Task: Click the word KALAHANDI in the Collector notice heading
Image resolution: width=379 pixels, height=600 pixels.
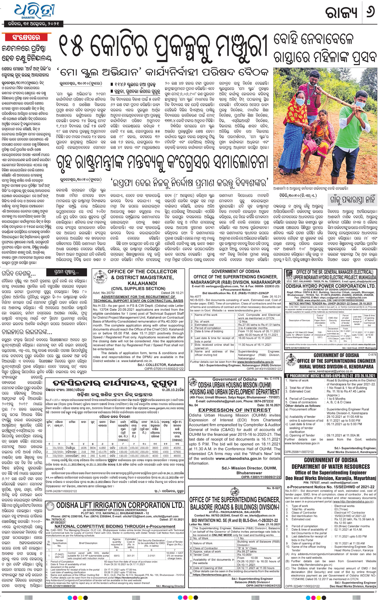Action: pyautogui.click(x=142, y=283)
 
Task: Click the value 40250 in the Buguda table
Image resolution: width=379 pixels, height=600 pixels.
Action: pyautogui.click(x=177, y=448)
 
